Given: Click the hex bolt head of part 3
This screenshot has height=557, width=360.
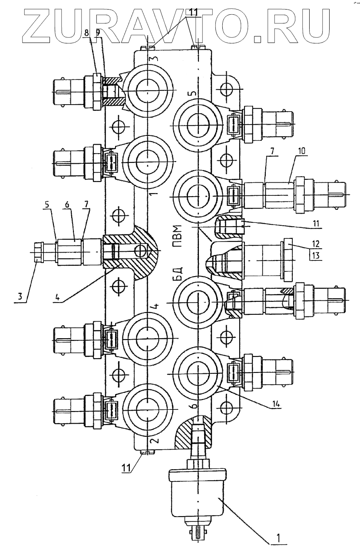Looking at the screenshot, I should tap(38, 252).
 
